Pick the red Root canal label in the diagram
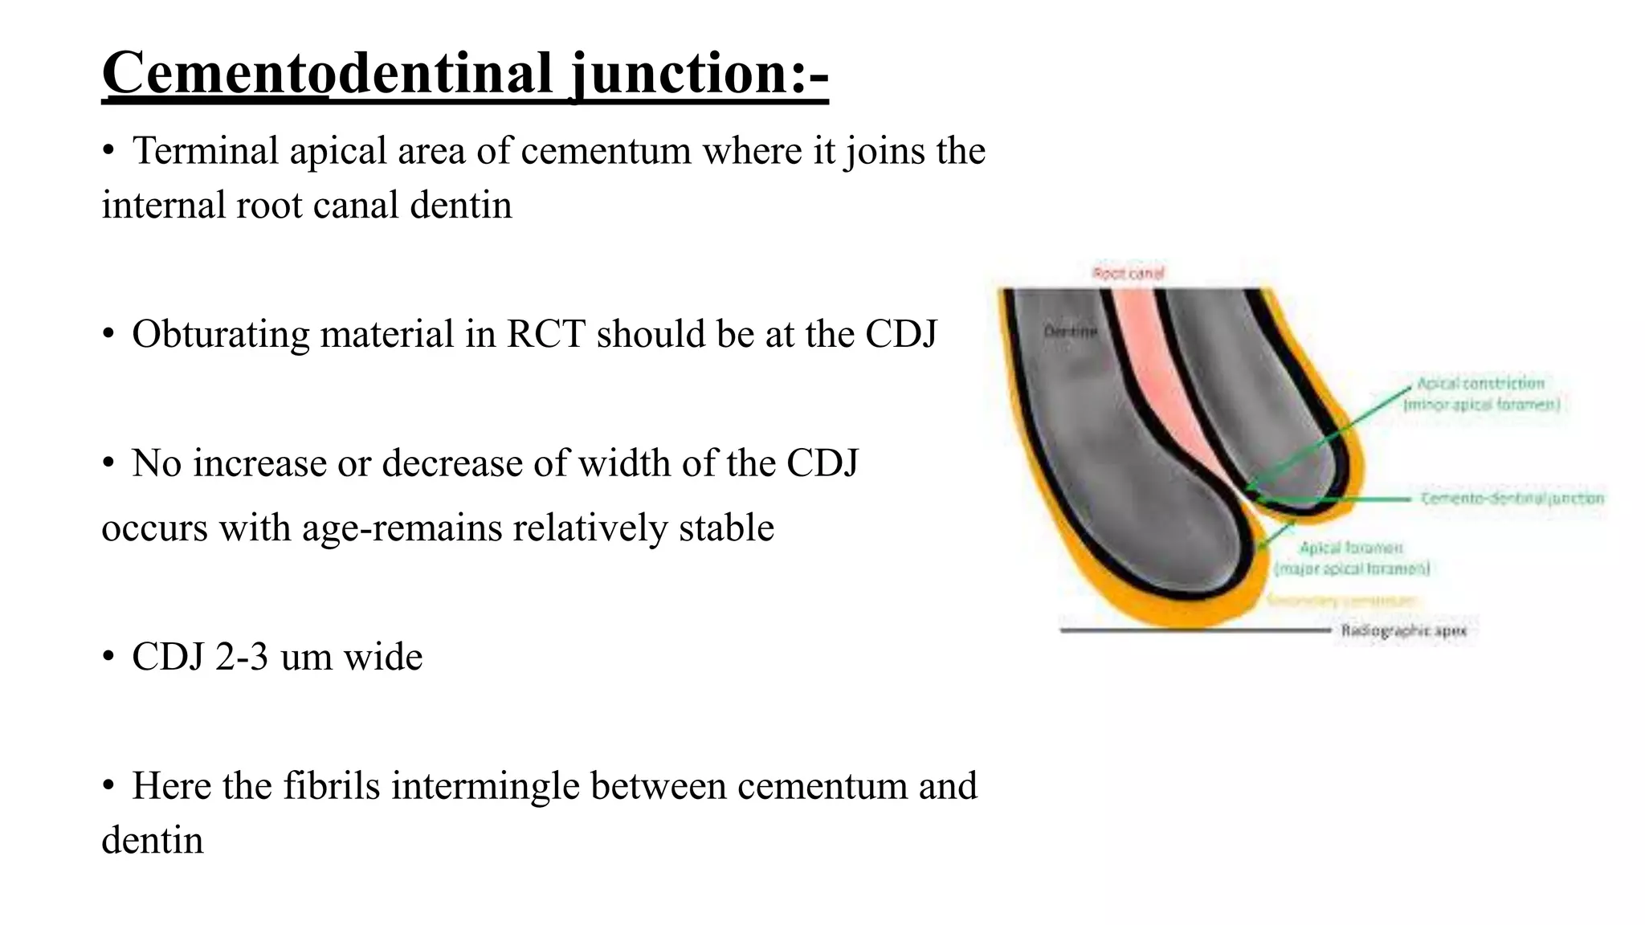[1128, 273]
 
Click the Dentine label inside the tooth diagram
[1069, 331]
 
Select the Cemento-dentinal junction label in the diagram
[1512, 499]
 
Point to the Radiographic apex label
[1403, 631]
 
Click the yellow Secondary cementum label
[1343, 601]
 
